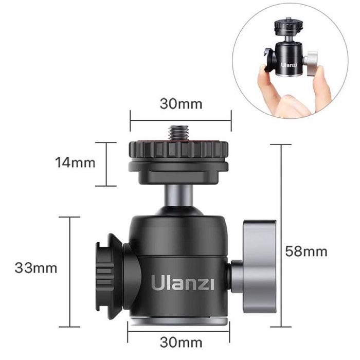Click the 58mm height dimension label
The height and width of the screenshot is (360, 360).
click(306, 251)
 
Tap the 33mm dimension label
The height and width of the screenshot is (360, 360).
click(36, 268)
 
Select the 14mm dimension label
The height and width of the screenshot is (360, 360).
click(75, 163)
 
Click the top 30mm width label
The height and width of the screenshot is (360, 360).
click(181, 104)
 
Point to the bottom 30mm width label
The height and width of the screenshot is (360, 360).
click(181, 343)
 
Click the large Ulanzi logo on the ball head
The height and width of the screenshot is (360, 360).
click(183, 283)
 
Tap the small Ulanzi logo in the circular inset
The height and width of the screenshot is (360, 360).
click(289, 64)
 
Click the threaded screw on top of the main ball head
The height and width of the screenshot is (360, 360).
click(178, 133)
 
